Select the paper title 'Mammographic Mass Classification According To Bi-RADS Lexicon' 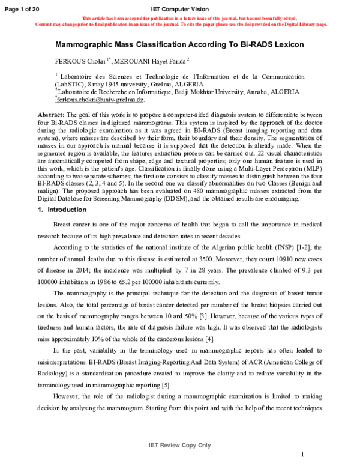tap(180, 45)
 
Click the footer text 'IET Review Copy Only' tap(179, 445)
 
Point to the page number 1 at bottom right tap(304, 455)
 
